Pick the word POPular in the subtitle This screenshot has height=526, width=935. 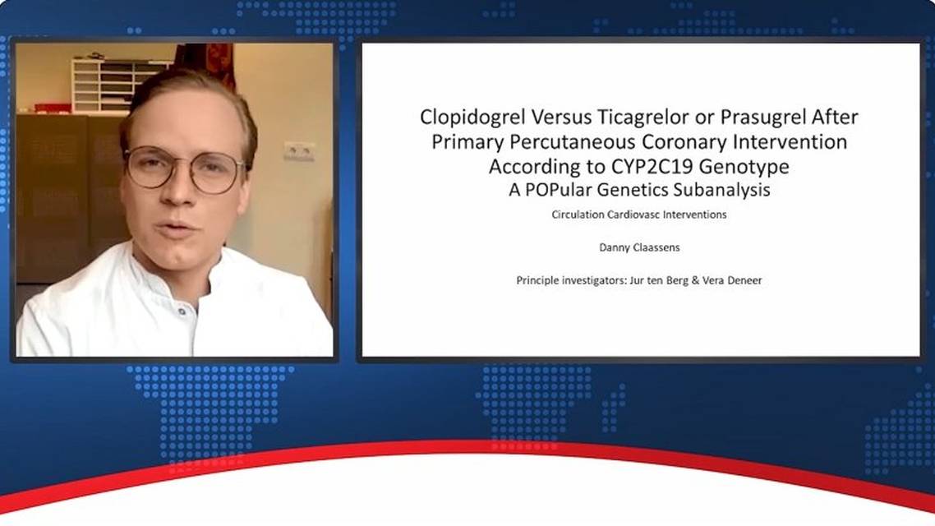[558, 190]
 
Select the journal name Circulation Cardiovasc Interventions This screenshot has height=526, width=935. [638, 215]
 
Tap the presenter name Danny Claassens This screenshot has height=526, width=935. [639, 247]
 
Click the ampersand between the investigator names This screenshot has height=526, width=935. [695, 280]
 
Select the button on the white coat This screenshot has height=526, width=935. [182, 311]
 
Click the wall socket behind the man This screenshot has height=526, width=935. [299, 151]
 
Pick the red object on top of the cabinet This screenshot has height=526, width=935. [53, 108]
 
